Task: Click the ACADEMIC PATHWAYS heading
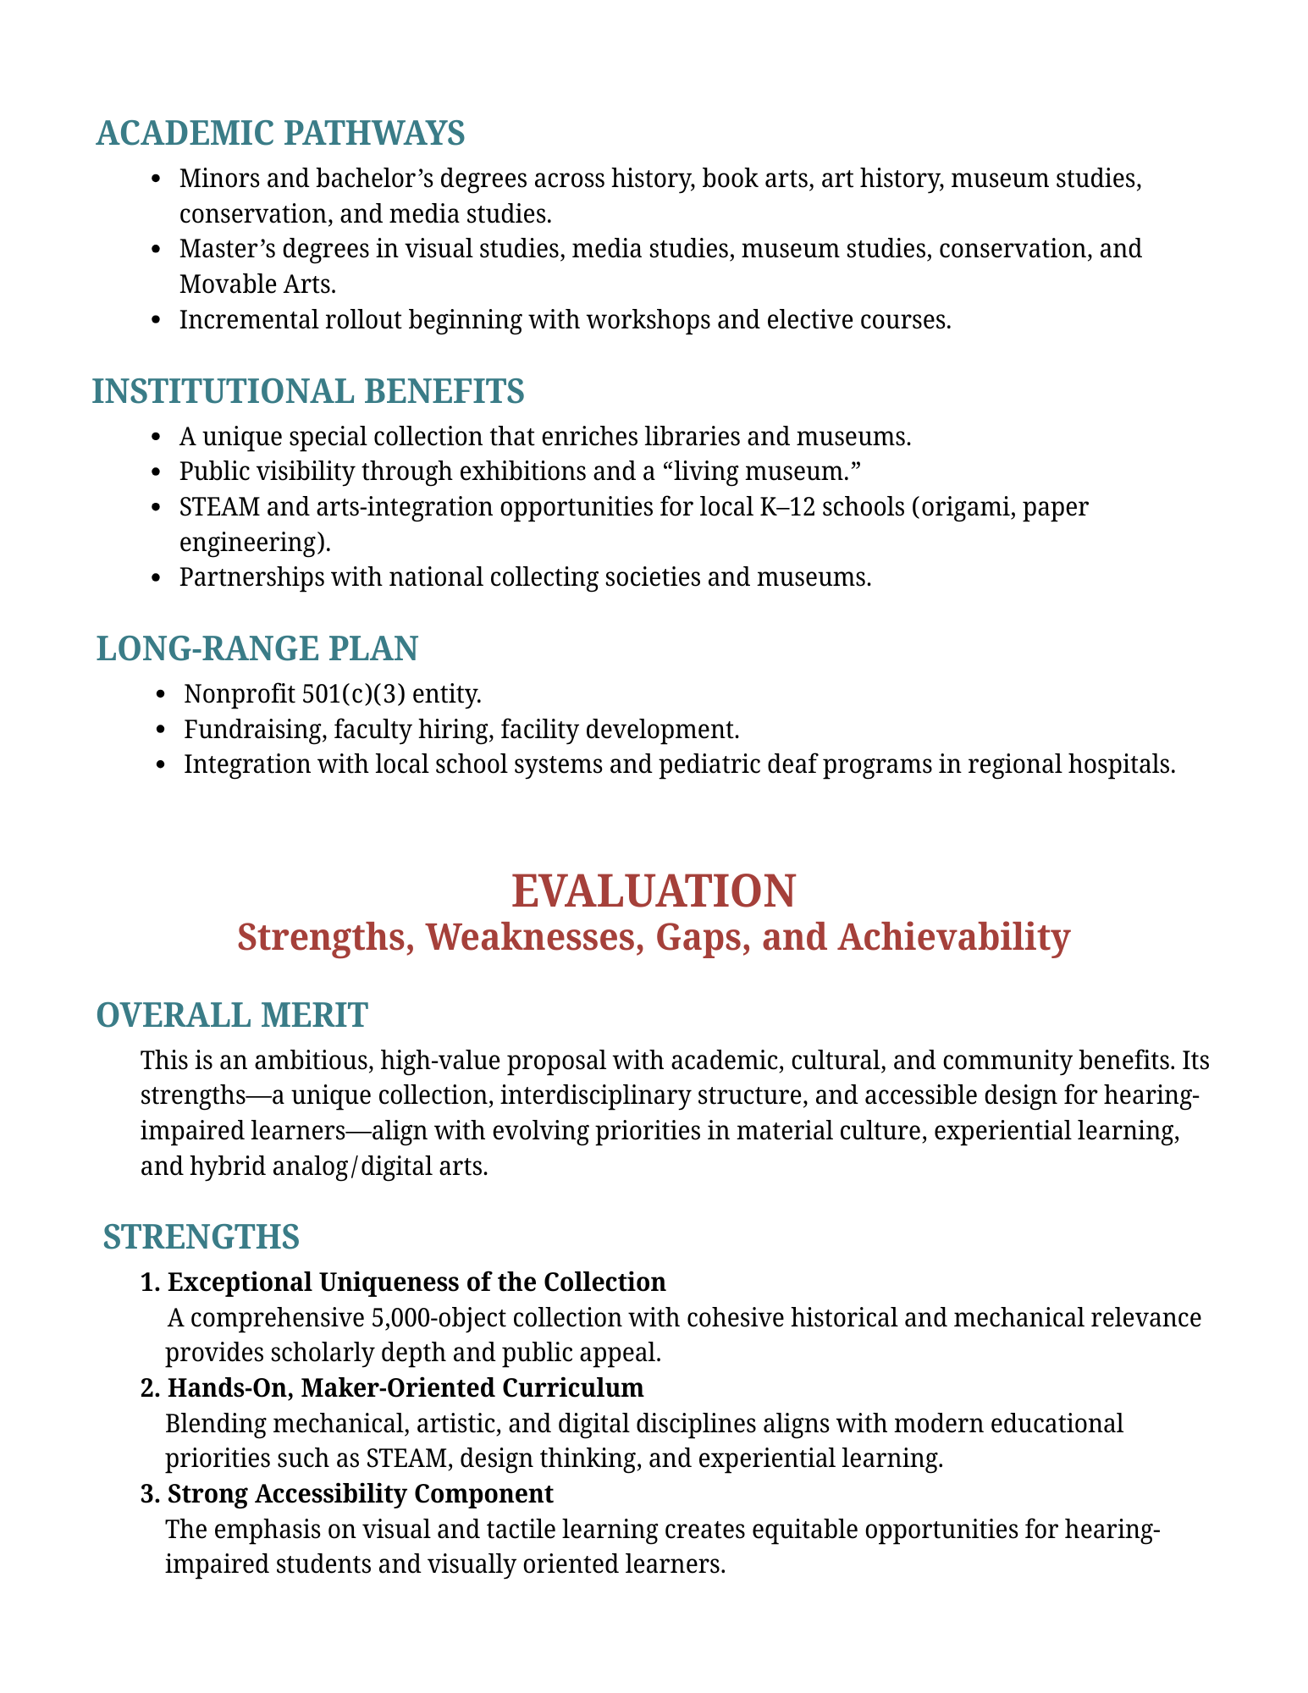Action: click(x=280, y=134)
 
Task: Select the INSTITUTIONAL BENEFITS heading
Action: click(x=308, y=391)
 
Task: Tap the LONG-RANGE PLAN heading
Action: click(x=257, y=648)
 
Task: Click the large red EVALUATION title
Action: click(x=654, y=891)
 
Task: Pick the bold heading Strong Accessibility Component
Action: click(x=360, y=1493)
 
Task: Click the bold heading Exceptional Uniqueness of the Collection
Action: click(x=417, y=1282)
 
